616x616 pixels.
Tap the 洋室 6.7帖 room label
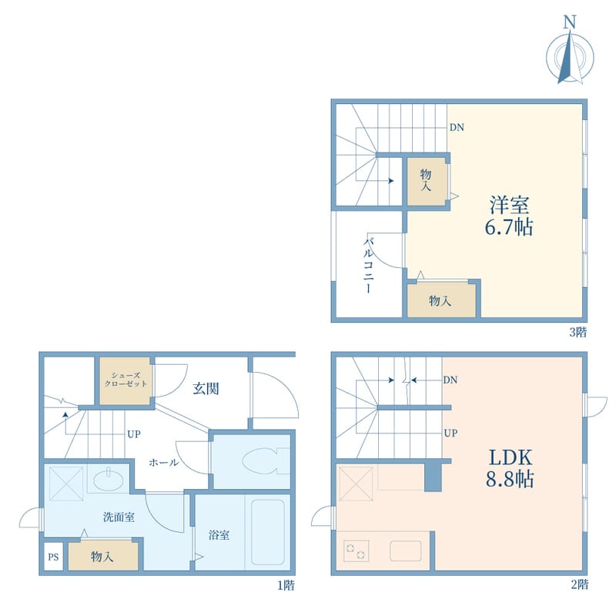tap(509, 216)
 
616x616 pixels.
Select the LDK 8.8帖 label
tap(510, 468)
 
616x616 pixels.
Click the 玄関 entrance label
tap(206, 389)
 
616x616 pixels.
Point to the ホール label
tap(164, 463)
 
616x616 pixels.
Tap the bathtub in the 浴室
tap(268, 532)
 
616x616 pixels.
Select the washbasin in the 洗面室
tap(109, 479)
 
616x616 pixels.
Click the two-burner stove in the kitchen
tap(357, 551)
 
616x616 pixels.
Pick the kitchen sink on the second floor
tap(406, 551)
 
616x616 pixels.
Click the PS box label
tap(53, 557)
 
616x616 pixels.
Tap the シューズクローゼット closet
tap(126, 380)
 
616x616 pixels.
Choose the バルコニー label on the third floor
tap(368, 265)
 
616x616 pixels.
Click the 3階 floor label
tap(578, 333)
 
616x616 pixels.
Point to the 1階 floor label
tap(286, 586)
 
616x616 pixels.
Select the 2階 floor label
tap(580, 584)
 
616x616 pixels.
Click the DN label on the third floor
tap(457, 127)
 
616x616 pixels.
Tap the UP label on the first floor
tap(133, 434)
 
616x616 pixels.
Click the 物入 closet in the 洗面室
tap(103, 556)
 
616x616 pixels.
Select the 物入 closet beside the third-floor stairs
tap(427, 181)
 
